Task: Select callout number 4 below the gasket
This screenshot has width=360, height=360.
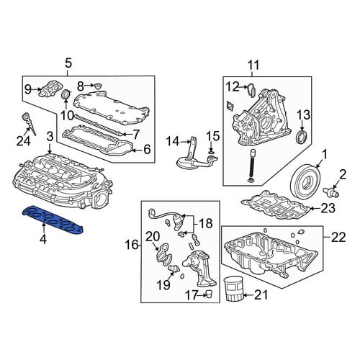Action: (43, 239)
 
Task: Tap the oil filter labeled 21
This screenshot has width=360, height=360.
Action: (233, 289)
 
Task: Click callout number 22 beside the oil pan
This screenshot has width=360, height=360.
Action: (338, 237)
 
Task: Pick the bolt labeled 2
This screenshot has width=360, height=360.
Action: (331, 192)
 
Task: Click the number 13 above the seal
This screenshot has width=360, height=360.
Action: (303, 115)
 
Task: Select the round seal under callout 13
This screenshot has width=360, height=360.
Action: (301, 138)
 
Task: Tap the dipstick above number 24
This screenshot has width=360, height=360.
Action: (29, 124)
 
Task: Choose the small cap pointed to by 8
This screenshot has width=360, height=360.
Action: (97, 86)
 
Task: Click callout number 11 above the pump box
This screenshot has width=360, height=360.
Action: (253, 65)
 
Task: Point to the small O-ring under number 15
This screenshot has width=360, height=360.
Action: (210, 152)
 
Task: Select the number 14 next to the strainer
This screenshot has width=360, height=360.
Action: (173, 141)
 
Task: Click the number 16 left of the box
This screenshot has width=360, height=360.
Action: (132, 245)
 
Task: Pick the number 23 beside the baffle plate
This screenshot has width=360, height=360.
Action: (328, 209)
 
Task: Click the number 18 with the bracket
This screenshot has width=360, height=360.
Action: (206, 223)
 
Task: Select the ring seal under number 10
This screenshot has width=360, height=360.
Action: (66, 94)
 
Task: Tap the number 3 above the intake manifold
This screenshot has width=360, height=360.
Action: (50, 137)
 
